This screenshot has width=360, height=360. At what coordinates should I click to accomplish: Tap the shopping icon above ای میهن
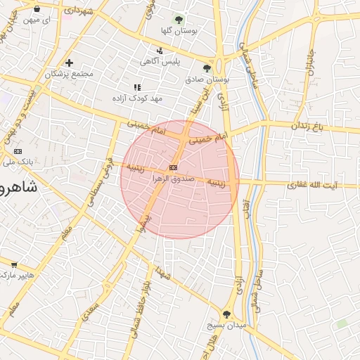pos(37,9)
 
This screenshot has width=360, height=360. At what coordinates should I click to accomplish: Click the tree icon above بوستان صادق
pos(207,68)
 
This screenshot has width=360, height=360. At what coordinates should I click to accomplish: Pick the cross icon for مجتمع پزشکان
pos(68,63)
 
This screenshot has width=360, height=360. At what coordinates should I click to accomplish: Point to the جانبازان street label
pos(309,63)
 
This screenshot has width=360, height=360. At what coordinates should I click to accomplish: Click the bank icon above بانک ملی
pos(18,151)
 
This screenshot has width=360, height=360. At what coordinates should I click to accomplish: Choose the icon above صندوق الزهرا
pos(173,167)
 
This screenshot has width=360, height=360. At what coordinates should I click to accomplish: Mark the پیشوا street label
pos(141,224)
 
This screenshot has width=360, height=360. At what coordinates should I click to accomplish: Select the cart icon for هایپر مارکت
pos(14,265)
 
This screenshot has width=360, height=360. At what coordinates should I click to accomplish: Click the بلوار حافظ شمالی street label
pos(140,310)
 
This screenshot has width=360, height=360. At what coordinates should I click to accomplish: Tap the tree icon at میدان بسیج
pos(226,314)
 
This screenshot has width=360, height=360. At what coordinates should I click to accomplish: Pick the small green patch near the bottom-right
pos(342,323)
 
